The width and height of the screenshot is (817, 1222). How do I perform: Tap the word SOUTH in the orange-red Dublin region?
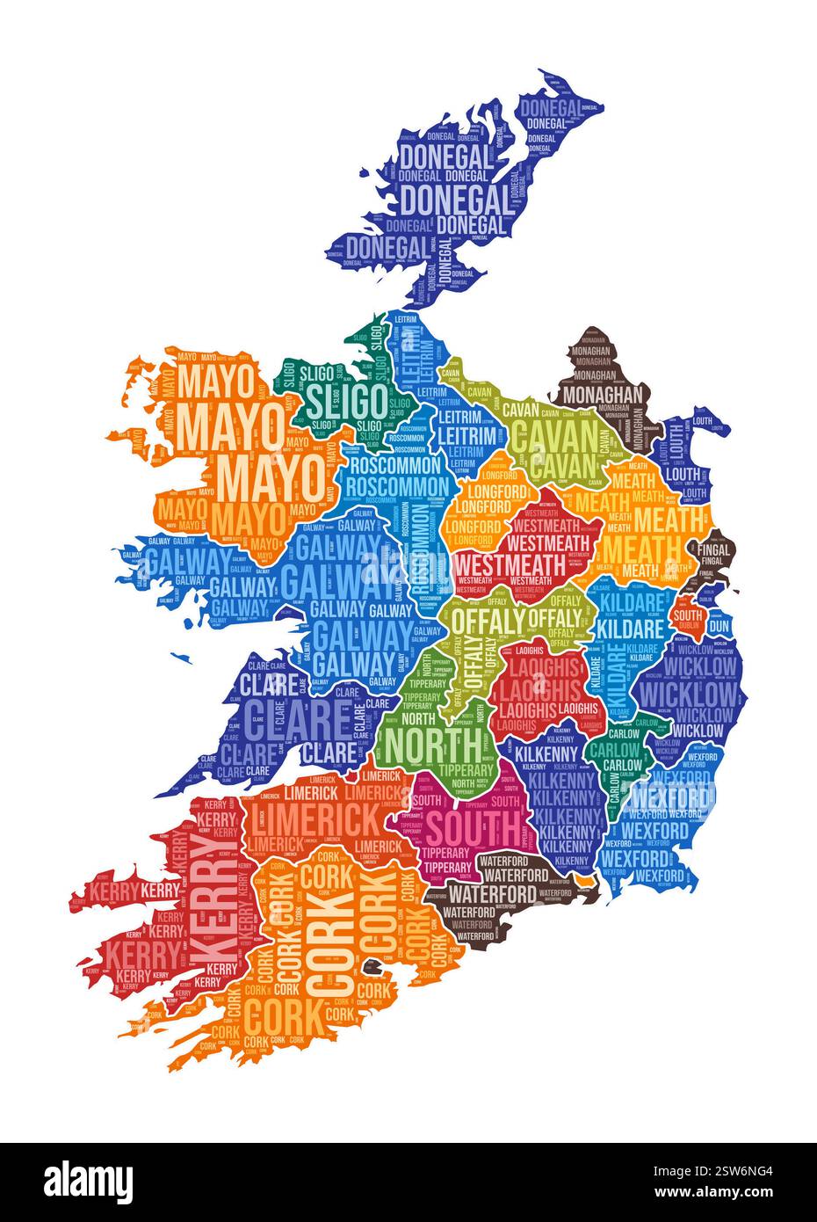point(688,614)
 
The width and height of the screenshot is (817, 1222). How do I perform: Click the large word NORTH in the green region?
point(433,744)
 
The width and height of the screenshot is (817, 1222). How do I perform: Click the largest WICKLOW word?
point(686,693)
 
